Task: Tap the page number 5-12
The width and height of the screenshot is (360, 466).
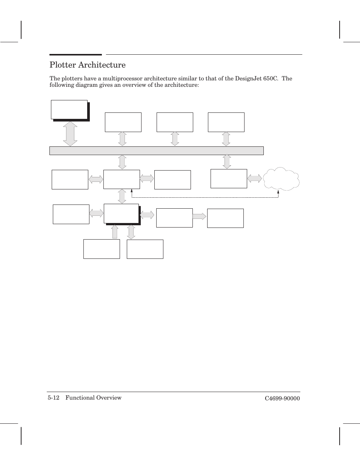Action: point(54,398)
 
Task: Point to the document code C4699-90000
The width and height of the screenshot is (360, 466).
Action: point(282,398)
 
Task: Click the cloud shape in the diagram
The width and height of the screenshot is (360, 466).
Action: point(281,179)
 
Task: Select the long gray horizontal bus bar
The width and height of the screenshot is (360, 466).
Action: point(156,151)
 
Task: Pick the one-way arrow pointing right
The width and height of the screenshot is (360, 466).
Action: point(199,216)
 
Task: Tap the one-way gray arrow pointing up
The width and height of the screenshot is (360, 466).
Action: point(115,231)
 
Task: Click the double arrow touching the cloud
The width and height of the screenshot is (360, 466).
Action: point(255,178)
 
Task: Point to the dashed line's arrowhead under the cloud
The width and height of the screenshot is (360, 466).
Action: point(278,192)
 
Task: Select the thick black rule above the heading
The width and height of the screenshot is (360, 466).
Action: point(75,55)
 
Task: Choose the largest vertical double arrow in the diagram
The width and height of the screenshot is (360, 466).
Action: point(70,134)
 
